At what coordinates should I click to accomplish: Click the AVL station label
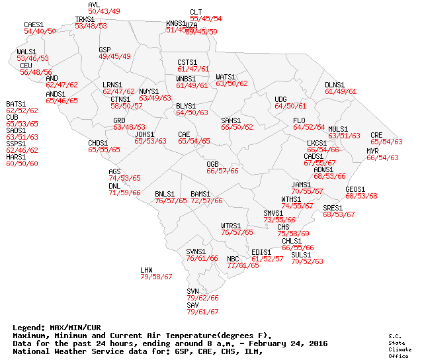(94, 5)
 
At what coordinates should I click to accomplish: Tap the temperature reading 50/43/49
(104, 12)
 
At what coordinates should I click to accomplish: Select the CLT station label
(196, 12)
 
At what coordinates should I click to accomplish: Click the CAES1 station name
(34, 24)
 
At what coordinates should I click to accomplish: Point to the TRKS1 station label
(85, 20)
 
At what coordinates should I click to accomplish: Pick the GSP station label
(105, 50)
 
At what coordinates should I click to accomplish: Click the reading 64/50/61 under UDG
(290, 106)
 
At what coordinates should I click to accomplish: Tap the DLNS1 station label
(335, 85)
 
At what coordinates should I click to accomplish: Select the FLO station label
(299, 120)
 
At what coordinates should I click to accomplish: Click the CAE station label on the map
(184, 134)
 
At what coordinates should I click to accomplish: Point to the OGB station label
(212, 163)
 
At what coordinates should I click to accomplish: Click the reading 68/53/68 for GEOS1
(361, 196)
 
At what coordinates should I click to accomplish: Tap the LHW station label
(146, 270)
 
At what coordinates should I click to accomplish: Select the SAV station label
(192, 305)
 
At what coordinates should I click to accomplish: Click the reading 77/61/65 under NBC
(243, 265)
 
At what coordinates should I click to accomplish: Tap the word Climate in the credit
(396, 349)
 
